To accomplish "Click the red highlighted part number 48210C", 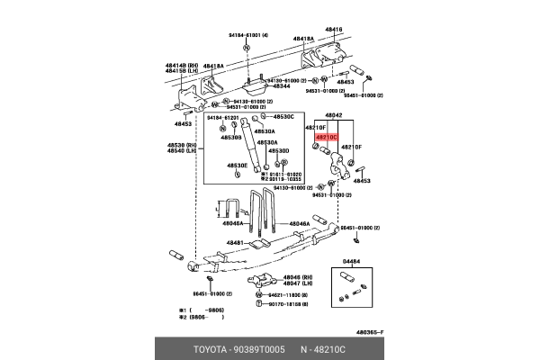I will point(327,138).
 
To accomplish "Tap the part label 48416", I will point(334,30).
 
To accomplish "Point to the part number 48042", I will point(336,116).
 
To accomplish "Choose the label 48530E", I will point(238,166).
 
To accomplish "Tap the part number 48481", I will point(236,242).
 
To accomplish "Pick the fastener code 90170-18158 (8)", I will point(286,304).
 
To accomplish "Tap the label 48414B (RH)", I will point(181,66).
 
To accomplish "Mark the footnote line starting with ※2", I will point(202,317).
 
